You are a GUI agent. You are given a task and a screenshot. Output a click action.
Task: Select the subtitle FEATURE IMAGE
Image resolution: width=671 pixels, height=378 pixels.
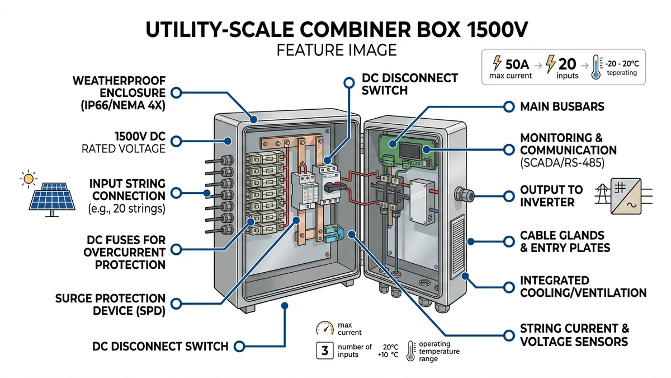click(x=336, y=50)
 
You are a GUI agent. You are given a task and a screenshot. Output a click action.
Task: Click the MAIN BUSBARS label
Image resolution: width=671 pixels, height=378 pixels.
click(x=563, y=106)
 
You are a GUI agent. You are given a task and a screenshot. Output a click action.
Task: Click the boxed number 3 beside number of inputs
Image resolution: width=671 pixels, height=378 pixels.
click(x=325, y=351)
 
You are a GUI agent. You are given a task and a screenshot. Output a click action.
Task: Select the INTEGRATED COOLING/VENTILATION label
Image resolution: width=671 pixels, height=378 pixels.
click(x=583, y=287)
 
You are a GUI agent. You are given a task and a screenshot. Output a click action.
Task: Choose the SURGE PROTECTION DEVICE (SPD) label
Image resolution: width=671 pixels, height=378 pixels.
click(x=110, y=305)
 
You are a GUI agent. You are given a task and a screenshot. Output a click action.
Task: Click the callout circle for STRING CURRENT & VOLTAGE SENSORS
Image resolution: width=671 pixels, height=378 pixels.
click(x=509, y=335)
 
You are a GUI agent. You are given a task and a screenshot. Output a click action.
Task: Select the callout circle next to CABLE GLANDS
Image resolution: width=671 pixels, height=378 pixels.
click(x=509, y=241)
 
